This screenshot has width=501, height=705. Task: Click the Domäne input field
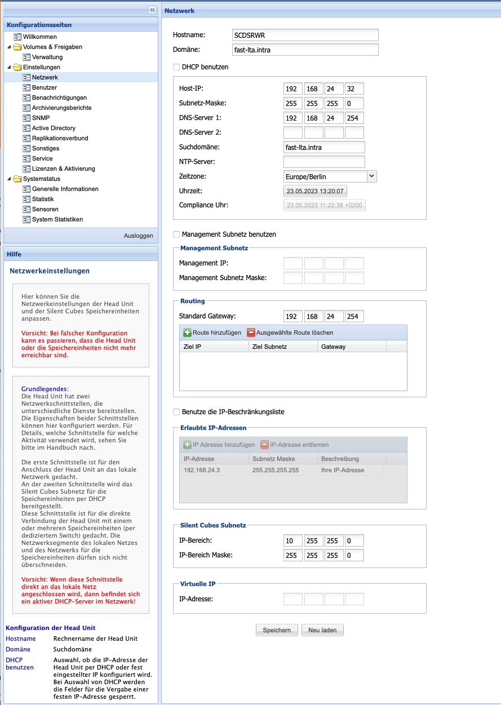[x=305, y=50]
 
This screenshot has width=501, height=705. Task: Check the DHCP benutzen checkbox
[x=177, y=67]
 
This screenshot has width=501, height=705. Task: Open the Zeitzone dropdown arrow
[x=371, y=176]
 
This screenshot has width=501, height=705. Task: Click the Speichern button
[x=277, y=630]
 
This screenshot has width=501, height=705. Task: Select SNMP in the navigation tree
[x=41, y=118]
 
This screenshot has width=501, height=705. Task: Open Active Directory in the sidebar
[x=54, y=128]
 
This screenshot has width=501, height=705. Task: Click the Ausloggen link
[x=138, y=236]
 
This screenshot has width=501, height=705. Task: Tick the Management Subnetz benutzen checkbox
[x=177, y=234]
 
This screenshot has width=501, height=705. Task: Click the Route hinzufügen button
[x=212, y=332]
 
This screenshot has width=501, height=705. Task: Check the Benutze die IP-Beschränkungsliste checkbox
[x=177, y=412]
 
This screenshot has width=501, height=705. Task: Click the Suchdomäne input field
[x=324, y=147]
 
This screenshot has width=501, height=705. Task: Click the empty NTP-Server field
[x=324, y=162]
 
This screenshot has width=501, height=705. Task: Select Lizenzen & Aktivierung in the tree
[x=63, y=169]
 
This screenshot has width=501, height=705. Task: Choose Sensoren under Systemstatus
[x=45, y=209]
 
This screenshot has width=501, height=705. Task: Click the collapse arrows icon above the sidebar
[x=152, y=10]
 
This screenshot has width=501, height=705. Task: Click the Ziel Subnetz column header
[x=269, y=347]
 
